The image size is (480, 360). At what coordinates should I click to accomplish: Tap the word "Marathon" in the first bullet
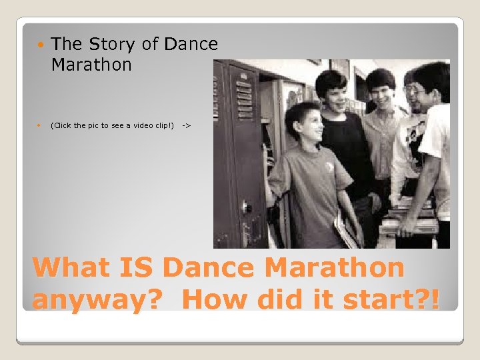pos(91,65)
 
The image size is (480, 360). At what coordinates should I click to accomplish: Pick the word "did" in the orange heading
pos(296,299)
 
